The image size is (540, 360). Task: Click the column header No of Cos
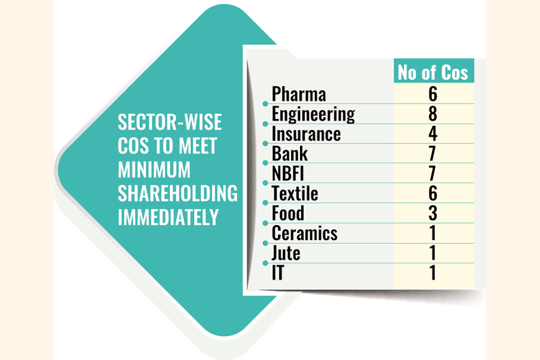433,72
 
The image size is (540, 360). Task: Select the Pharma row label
299,94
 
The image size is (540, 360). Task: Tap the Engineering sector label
313,114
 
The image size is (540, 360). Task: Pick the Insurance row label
306,134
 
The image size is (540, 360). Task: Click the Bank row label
289,154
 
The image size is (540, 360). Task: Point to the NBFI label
289,173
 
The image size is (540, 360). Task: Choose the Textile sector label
295,193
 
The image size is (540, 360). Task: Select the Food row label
288,213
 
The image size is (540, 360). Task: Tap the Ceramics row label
304,233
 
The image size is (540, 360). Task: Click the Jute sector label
286,253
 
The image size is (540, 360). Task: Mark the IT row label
278,272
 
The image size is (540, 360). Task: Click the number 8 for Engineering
433,114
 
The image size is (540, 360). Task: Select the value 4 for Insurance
433,134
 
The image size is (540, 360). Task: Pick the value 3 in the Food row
433,213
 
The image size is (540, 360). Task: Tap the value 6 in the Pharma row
433,94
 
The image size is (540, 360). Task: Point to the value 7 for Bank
433,154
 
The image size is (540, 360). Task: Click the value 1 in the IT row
433,272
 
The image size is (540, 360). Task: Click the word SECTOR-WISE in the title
170,122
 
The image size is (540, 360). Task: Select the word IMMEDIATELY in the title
168,217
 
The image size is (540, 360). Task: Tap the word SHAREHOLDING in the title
178,193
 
